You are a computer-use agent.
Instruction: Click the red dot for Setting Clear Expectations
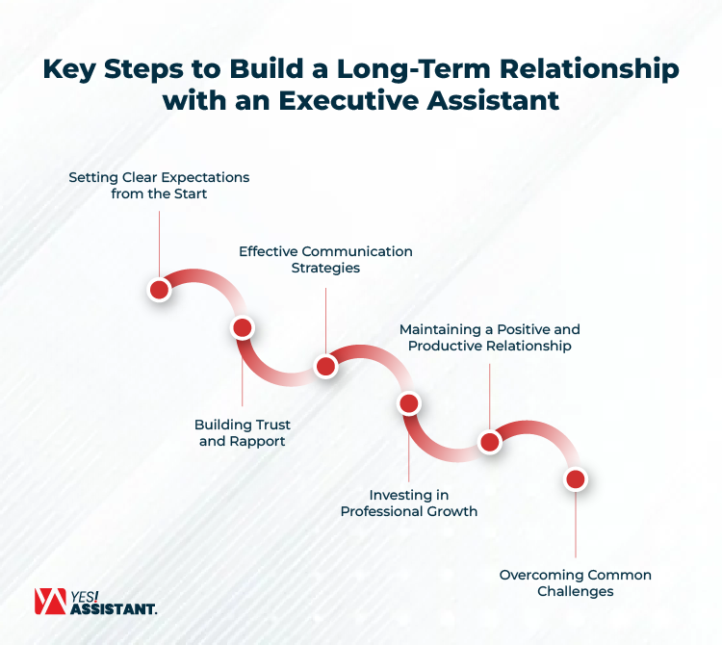click(x=160, y=289)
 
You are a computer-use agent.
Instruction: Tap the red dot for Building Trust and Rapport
click(x=243, y=327)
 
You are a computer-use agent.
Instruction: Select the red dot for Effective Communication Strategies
click(x=325, y=366)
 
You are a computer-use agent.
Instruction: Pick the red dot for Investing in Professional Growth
click(x=408, y=403)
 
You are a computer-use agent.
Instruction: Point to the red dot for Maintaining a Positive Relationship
click(x=490, y=442)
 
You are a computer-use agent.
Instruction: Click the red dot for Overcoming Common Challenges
click(x=575, y=478)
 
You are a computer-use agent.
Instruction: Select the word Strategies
click(x=325, y=268)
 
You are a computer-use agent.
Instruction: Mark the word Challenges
click(x=575, y=592)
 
